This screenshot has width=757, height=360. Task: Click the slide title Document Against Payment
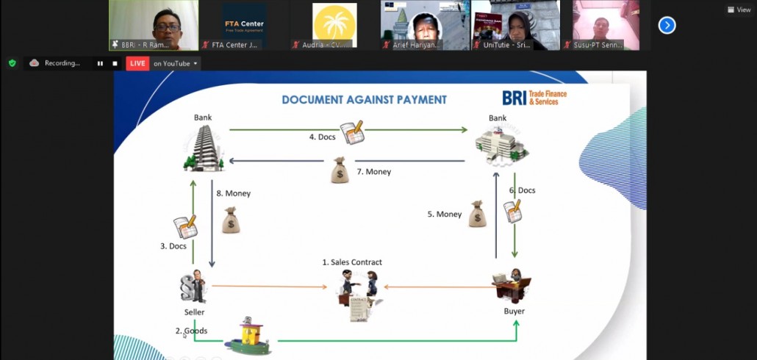point(364,100)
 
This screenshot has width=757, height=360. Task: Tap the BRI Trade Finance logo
point(534,98)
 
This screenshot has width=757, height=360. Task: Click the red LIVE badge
point(137,63)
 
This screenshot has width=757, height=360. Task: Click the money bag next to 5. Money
point(477,214)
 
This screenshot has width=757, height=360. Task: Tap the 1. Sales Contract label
point(352,262)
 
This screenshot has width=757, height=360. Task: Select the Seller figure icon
point(193,287)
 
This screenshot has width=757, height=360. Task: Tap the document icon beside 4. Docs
point(352,133)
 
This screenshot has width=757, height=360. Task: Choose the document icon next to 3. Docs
point(184,227)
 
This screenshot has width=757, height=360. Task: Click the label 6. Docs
point(522,190)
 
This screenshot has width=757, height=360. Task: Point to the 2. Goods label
point(191,331)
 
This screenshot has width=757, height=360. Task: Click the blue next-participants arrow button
point(667,26)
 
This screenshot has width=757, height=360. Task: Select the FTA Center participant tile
point(244,25)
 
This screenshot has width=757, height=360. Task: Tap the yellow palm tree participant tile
point(334,25)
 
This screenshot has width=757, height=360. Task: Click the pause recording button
point(100,63)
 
